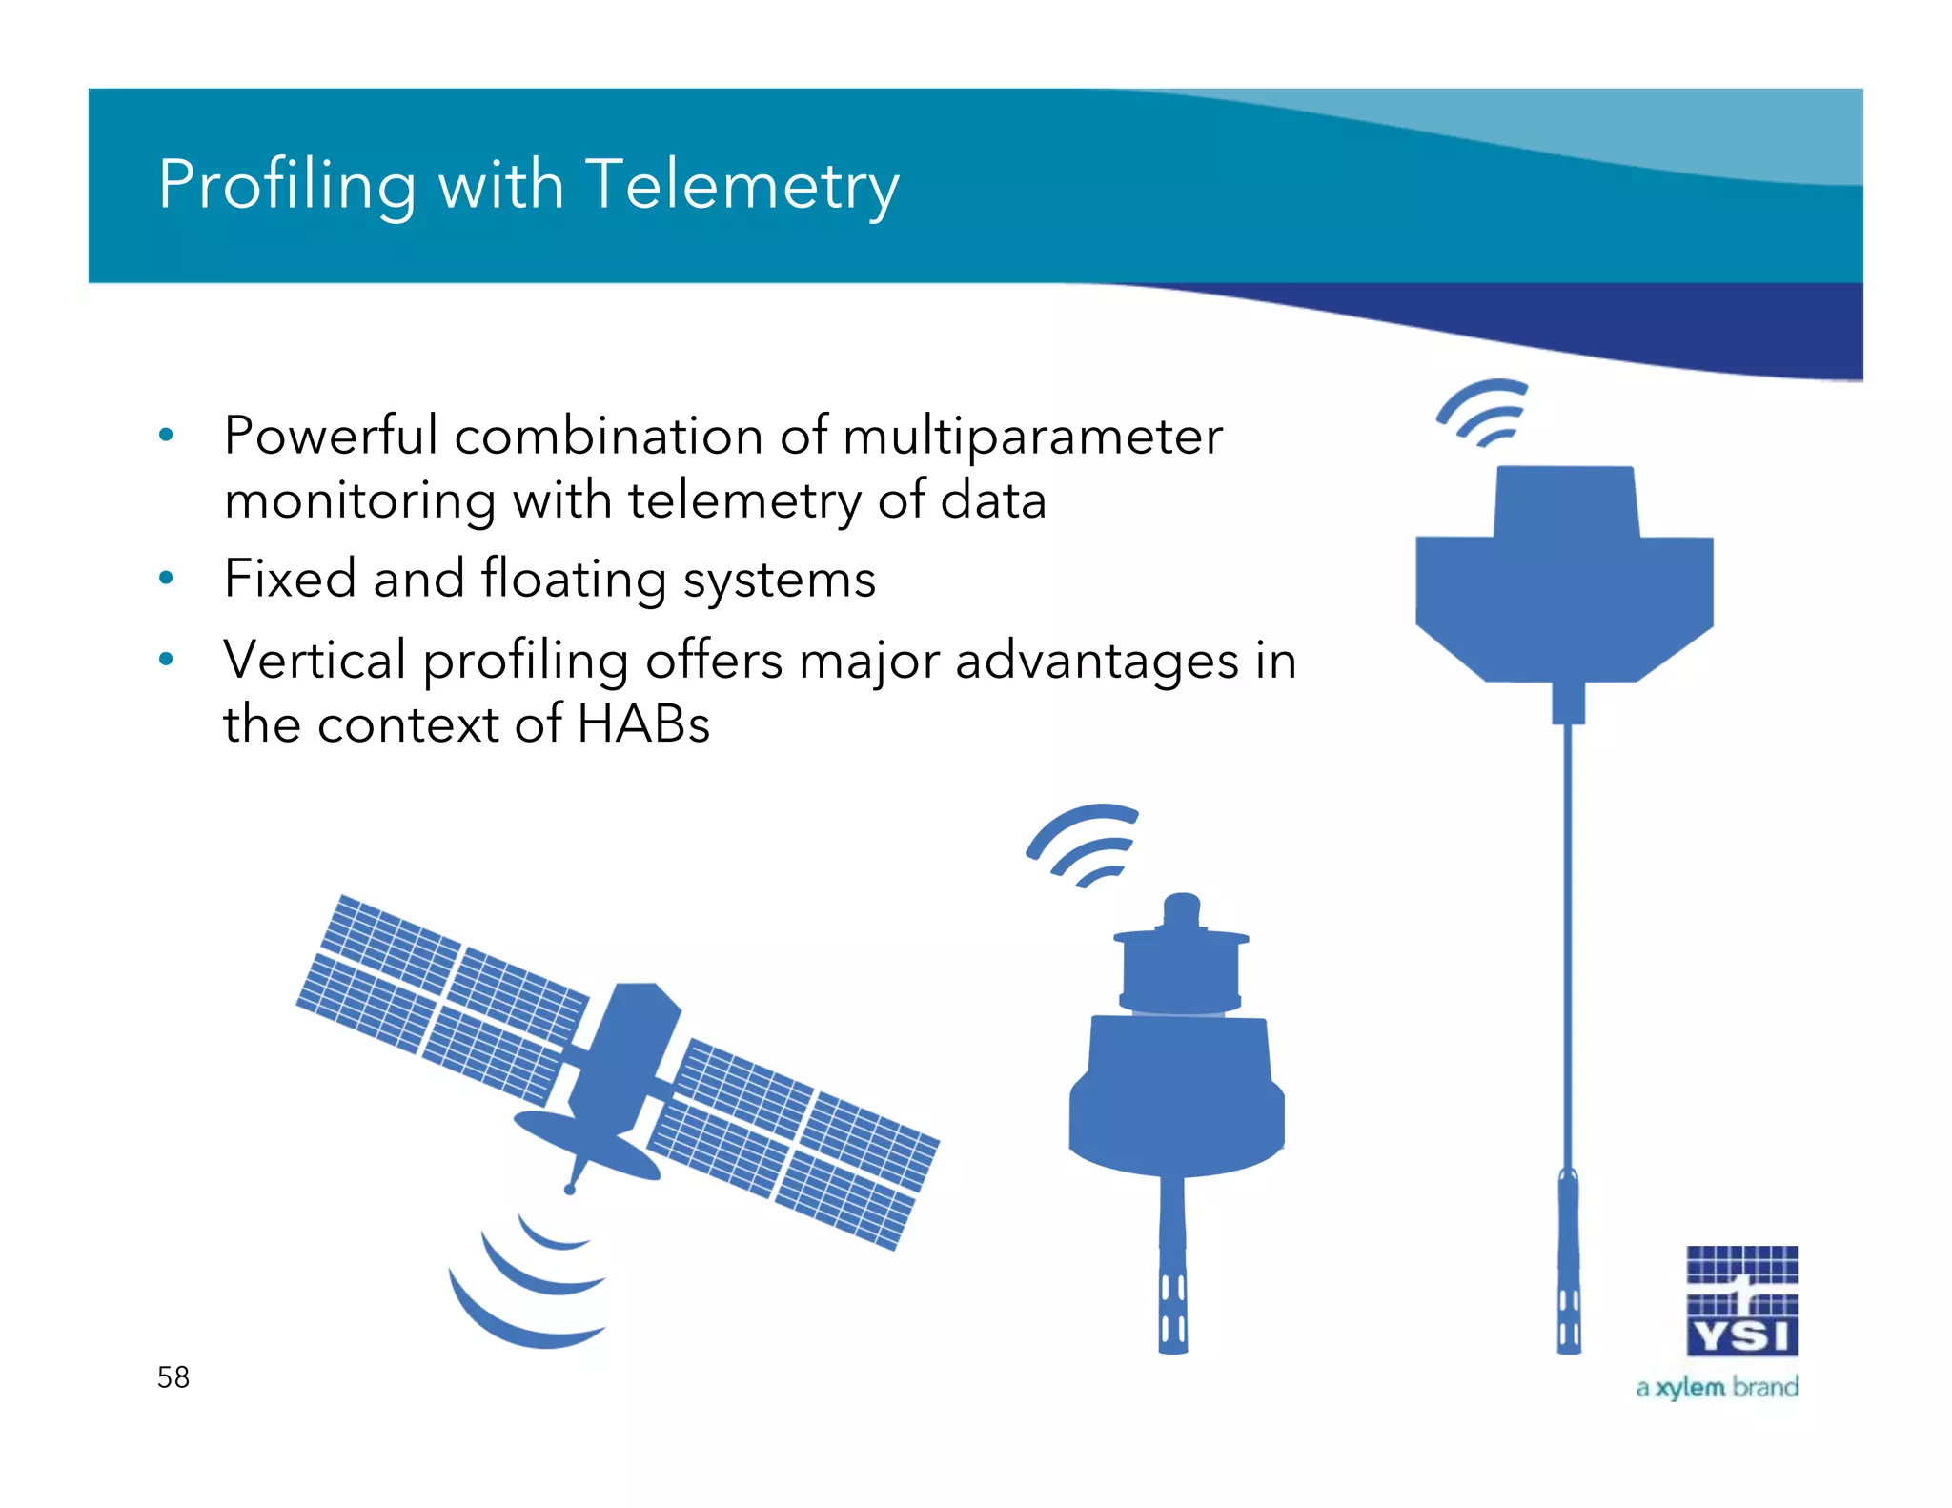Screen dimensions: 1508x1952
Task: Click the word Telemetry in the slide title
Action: [742, 185]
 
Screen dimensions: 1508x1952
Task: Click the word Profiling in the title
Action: [287, 185]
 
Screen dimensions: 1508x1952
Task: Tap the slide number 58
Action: [173, 1376]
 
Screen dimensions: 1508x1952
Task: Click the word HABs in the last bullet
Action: [643, 723]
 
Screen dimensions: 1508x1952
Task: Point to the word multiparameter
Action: [1032, 437]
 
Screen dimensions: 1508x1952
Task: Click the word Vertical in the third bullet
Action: [315, 660]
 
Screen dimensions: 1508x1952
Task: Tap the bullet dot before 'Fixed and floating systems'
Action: [167, 578]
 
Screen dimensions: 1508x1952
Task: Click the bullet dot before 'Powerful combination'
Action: [167, 436]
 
